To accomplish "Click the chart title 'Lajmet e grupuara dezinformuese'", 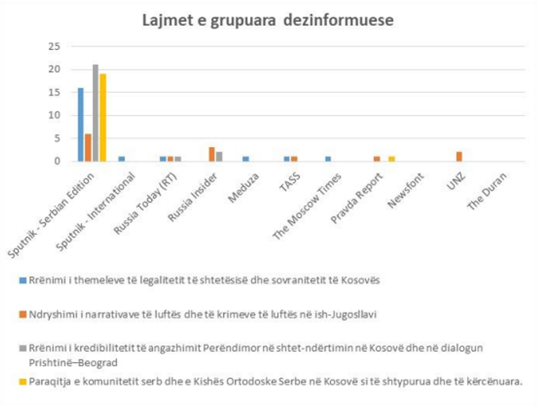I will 268,21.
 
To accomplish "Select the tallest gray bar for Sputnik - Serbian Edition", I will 95,113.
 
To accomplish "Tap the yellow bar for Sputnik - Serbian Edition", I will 102,117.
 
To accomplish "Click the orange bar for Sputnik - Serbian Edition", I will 88,147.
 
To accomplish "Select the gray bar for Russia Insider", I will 219,157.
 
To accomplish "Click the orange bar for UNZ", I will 460,157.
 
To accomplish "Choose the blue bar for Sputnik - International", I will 122,159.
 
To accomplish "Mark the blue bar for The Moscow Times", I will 328,159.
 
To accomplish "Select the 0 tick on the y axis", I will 56,161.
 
